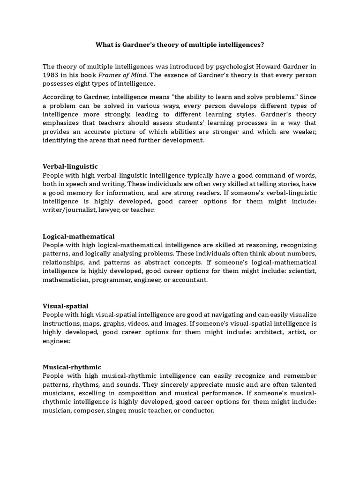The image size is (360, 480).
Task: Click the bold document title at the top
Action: (180, 45)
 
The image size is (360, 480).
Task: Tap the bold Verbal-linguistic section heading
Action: (70, 166)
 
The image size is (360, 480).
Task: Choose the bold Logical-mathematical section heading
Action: (78, 236)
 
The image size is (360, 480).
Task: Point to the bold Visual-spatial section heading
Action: (65, 306)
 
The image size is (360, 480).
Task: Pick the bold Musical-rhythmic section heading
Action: (72, 367)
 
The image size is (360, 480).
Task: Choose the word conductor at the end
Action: (198, 411)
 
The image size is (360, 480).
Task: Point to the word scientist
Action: (301, 271)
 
